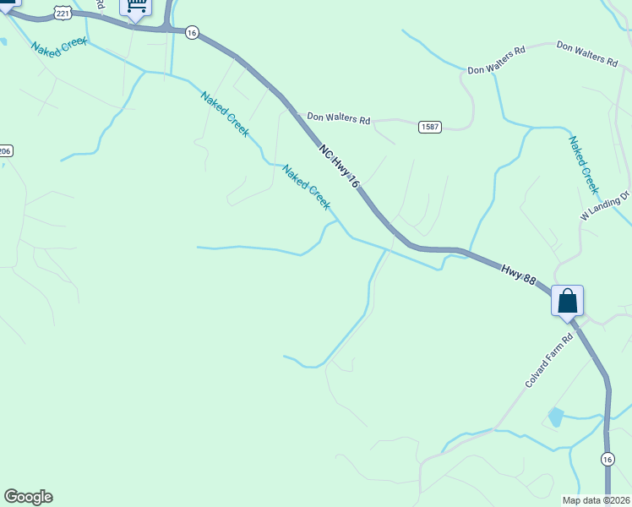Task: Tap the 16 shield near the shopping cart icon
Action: click(192, 32)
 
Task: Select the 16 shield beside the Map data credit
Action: click(607, 458)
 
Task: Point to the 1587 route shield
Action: click(429, 127)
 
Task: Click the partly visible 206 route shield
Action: click(5, 150)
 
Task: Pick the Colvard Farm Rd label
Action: click(548, 360)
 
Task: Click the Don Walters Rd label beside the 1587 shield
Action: click(338, 119)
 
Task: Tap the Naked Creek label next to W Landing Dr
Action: click(584, 165)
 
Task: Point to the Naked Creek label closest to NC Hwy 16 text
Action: click(306, 187)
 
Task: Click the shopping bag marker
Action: click(567, 301)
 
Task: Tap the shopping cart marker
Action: click(135, 7)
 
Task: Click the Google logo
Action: click(28, 497)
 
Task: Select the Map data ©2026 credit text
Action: click(596, 500)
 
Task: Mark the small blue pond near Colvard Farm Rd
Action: click(555, 417)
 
